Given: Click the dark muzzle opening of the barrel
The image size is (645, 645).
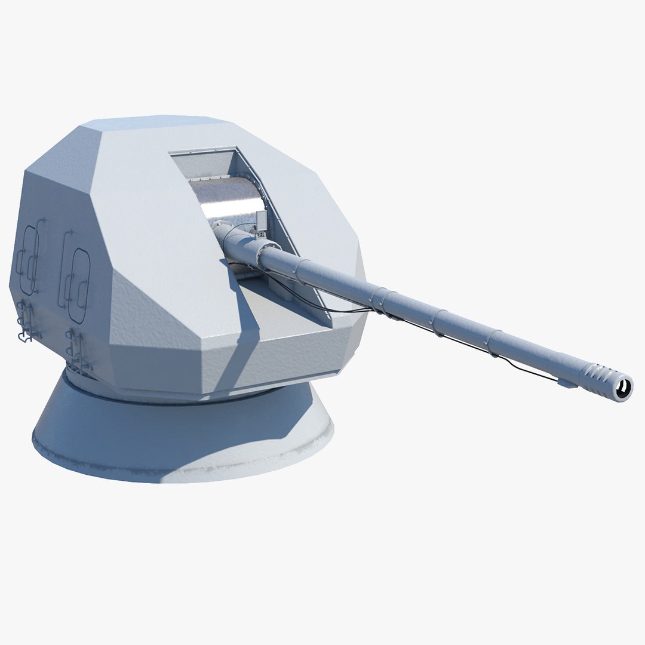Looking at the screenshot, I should pyautogui.click(x=624, y=388).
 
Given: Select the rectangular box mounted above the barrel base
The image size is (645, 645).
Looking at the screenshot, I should pyautogui.click(x=260, y=222).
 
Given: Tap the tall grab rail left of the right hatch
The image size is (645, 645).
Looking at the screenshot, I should pyautogui.click(x=63, y=263).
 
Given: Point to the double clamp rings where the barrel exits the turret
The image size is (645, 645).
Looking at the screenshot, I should pyautogui.click(x=382, y=299).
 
